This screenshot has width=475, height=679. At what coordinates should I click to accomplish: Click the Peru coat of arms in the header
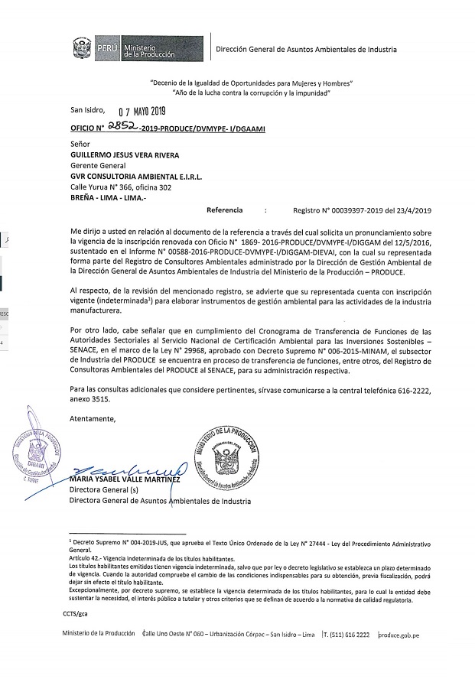click(x=83, y=50)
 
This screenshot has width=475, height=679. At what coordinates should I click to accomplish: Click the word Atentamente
click(x=93, y=420)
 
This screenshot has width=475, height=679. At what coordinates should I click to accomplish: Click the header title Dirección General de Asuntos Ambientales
click(x=307, y=50)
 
